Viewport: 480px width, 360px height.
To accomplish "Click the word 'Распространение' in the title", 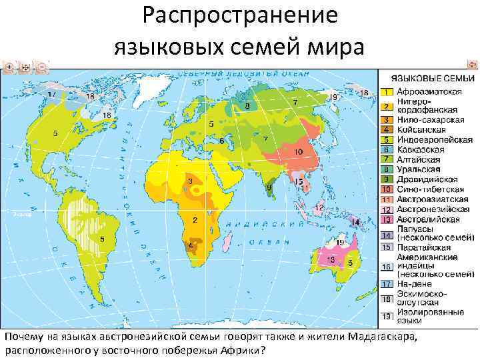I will coord(239,17).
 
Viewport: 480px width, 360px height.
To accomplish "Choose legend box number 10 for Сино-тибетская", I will coord(386,189).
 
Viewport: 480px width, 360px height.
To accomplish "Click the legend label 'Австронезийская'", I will coord(429,209).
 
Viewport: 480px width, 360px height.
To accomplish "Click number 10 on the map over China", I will coord(298,152).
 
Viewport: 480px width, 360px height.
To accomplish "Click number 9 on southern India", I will coord(269,188).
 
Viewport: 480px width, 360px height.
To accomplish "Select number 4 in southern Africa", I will coord(191,246).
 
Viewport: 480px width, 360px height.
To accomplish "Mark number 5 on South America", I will coord(101,238).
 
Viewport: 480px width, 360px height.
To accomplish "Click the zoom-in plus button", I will coord(9,67).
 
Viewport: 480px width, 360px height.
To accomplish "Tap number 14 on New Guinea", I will coord(355,221).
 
